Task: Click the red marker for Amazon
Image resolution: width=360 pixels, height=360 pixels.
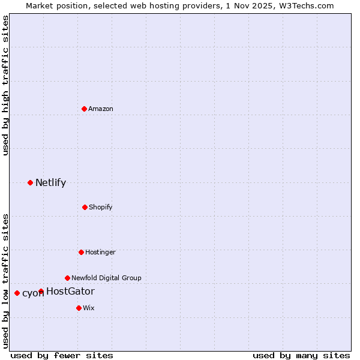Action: pyautogui.click(x=84, y=109)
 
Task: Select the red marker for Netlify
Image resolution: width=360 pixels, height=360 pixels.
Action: pyautogui.click(x=30, y=182)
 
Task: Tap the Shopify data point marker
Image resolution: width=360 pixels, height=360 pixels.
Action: pyautogui.click(x=85, y=207)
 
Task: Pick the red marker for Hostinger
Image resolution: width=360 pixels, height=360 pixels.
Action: pyautogui.click(x=81, y=252)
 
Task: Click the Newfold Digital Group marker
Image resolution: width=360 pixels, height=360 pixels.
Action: pyautogui.click(x=67, y=278)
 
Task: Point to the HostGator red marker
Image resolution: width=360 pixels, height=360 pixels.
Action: pyautogui.click(x=41, y=292)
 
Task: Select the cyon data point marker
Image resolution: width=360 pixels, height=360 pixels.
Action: pyautogui.click(x=17, y=293)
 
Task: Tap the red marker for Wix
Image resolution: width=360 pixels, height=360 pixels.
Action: pyautogui.click(x=79, y=308)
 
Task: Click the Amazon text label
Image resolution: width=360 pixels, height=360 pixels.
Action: pyautogui.click(x=101, y=109)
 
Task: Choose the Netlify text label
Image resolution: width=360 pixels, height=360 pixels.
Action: pyautogui.click(x=50, y=182)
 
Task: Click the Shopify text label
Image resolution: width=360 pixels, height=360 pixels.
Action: pyautogui.click(x=101, y=207)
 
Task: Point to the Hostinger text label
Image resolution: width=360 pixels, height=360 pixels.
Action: pyautogui.click(x=100, y=252)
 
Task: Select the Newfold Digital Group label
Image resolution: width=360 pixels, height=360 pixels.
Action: pyautogui.click(x=106, y=278)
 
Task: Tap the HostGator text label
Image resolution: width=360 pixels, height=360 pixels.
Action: pyautogui.click(x=70, y=292)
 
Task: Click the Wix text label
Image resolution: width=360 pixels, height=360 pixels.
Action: pyautogui.click(x=89, y=308)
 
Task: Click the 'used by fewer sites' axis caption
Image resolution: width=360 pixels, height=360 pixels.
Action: pyautogui.click(x=62, y=355)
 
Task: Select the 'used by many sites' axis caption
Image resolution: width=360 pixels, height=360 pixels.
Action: pyautogui.click(x=301, y=355)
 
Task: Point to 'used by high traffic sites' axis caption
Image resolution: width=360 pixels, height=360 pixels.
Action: pyautogui.click(x=5, y=85)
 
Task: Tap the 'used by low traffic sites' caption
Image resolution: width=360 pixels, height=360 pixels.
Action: pyautogui.click(x=5, y=280)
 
